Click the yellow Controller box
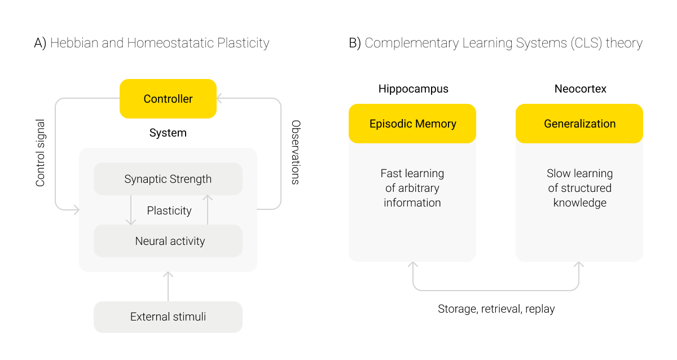[168, 99]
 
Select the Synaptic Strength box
[168, 179]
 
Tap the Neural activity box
[168, 241]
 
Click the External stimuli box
[168, 317]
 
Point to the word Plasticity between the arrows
[169, 210]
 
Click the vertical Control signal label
[40, 153]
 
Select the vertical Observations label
[295, 152]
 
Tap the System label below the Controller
[168, 133]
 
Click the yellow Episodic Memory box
[412, 124]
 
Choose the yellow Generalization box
[579, 124]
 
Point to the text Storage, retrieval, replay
[496, 309]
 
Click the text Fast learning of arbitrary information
[412, 188]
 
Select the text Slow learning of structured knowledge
[579, 188]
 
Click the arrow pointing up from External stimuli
[168, 286]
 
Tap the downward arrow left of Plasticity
[131, 210]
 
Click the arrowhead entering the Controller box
[220, 99]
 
